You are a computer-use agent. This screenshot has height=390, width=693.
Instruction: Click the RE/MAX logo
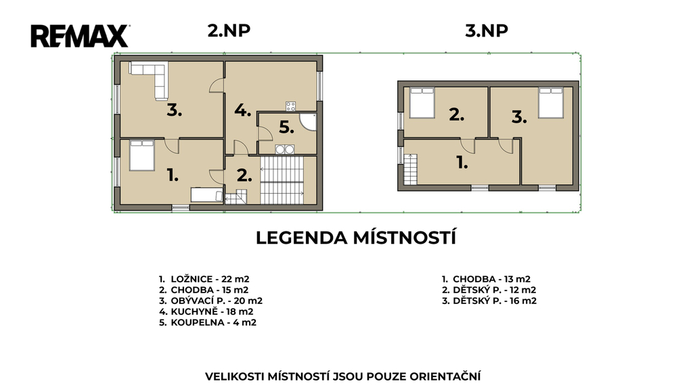(x=80, y=37)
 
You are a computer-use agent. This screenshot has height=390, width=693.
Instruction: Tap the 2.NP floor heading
(x=229, y=30)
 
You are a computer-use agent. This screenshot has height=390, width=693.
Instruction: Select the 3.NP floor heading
(x=487, y=30)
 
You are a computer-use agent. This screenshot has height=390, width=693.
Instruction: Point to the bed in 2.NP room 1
(x=142, y=155)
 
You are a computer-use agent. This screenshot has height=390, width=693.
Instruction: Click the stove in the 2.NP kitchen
(x=290, y=106)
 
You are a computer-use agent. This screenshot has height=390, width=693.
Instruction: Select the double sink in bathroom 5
(x=285, y=150)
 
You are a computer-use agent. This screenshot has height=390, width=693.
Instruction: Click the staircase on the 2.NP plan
(x=282, y=180)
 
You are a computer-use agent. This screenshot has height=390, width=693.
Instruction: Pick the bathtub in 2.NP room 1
(x=207, y=195)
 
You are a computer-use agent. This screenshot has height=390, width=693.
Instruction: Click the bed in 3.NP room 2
(x=422, y=103)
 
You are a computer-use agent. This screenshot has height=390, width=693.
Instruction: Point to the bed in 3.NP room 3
(x=551, y=103)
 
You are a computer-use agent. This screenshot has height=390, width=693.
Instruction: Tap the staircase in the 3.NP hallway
(x=411, y=169)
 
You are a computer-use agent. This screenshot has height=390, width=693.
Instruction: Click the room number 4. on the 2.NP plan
(x=243, y=110)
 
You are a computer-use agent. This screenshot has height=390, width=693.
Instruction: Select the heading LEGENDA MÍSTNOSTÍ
(x=356, y=238)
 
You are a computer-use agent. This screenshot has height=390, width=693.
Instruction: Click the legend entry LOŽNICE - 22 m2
(x=210, y=279)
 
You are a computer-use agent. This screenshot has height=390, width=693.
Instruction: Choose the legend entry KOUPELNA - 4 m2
(x=213, y=322)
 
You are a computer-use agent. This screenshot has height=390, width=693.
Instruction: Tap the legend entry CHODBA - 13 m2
(x=491, y=279)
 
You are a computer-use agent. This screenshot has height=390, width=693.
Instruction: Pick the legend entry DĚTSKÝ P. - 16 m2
(x=495, y=301)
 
